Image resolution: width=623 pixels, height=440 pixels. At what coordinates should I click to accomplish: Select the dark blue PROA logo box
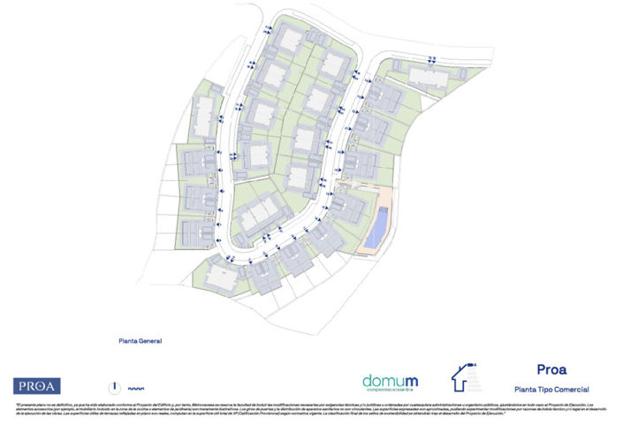point(37,385)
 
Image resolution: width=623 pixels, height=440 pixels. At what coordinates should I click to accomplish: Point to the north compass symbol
point(114,386)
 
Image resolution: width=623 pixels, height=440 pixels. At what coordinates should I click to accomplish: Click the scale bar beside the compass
point(135,388)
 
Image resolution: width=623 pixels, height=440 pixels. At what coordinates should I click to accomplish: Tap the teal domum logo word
point(390,381)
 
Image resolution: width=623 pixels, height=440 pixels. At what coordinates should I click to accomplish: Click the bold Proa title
point(551,369)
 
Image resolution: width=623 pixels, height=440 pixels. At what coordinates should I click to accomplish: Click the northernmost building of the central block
point(289,39)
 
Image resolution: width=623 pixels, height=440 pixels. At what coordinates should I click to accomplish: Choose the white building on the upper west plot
point(204,113)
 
